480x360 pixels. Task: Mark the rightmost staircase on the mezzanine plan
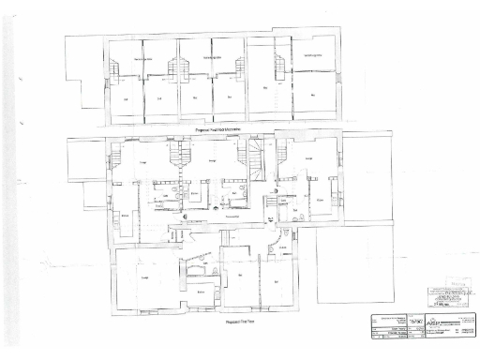[278, 67]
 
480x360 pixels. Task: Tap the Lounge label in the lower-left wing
[145, 277]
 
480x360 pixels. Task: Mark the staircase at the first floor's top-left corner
[114, 156]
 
